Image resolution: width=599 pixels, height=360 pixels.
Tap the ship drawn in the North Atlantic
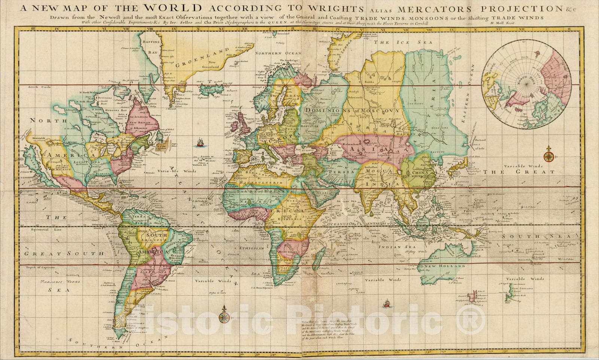(201, 142)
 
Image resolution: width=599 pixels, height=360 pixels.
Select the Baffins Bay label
(152, 47)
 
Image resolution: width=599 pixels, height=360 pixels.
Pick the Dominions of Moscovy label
(352, 110)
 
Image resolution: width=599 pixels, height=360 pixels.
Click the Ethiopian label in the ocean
(252, 248)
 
